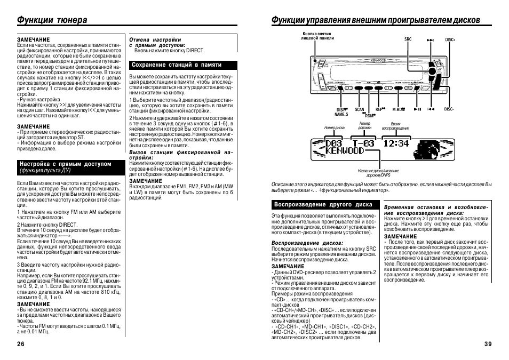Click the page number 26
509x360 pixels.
tap(21, 344)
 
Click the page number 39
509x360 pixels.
tap(488, 344)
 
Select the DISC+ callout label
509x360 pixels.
tap(449, 39)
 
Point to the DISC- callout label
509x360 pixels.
tap(449, 109)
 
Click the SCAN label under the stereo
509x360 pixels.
tap(360, 109)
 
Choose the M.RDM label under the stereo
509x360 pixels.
tap(399, 109)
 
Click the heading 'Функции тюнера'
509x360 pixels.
tap(52, 20)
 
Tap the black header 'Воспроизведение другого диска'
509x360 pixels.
tap(323, 204)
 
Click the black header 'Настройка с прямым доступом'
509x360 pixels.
tap(65, 164)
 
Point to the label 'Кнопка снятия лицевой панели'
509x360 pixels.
tap(317, 36)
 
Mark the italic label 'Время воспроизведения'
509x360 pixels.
tap(395, 126)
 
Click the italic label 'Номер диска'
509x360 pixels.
tap(335, 129)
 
